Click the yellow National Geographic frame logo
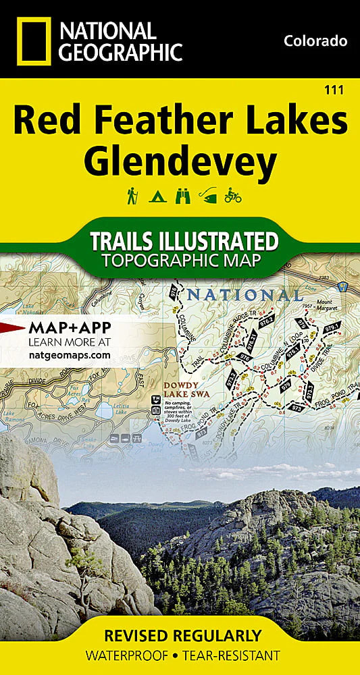pyautogui.click(x=32, y=40)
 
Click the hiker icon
pyautogui.click(x=132, y=196)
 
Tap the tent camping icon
pyautogui.click(x=156, y=196)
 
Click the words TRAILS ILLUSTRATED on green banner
pyautogui.click(x=184, y=241)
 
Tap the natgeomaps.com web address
pyautogui.click(x=69, y=354)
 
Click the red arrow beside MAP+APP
pyautogui.click(x=12, y=329)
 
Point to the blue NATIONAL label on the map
pyautogui.click(x=245, y=295)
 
